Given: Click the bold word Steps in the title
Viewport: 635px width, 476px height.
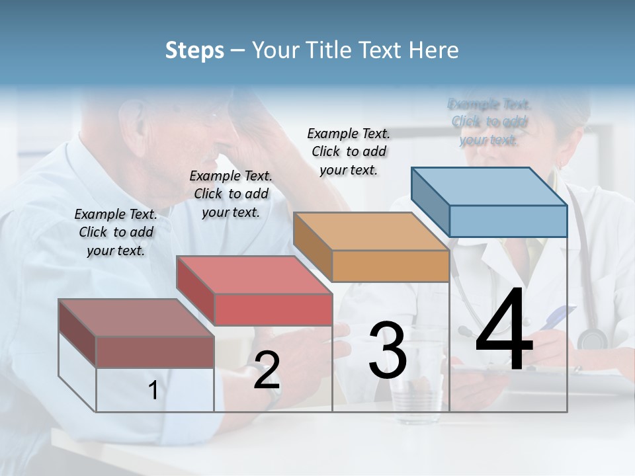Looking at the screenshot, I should (x=194, y=50).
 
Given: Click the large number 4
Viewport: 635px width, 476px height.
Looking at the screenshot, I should (x=504, y=330).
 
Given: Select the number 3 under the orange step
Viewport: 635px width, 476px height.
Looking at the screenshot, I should (x=388, y=350).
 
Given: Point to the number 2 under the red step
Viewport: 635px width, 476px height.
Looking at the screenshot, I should (x=267, y=370).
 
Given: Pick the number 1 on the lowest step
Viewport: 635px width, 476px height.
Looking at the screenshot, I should (x=153, y=391).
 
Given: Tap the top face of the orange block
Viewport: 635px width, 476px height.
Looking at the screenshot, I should (x=370, y=231).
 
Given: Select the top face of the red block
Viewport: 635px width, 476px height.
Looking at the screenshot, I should (x=254, y=274).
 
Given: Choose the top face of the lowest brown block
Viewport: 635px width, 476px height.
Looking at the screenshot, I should (x=136, y=317).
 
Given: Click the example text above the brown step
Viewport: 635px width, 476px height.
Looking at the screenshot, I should (x=116, y=232).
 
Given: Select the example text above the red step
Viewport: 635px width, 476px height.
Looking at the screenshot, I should (x=231, y=194).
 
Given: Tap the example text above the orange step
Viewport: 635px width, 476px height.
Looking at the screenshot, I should (x=349, y=151).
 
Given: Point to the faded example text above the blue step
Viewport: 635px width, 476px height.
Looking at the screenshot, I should (x=489, y=122).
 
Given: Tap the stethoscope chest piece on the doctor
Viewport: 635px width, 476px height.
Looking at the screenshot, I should (x=592, y=339).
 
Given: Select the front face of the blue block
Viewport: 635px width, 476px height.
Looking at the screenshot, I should (x=508, y=221).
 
